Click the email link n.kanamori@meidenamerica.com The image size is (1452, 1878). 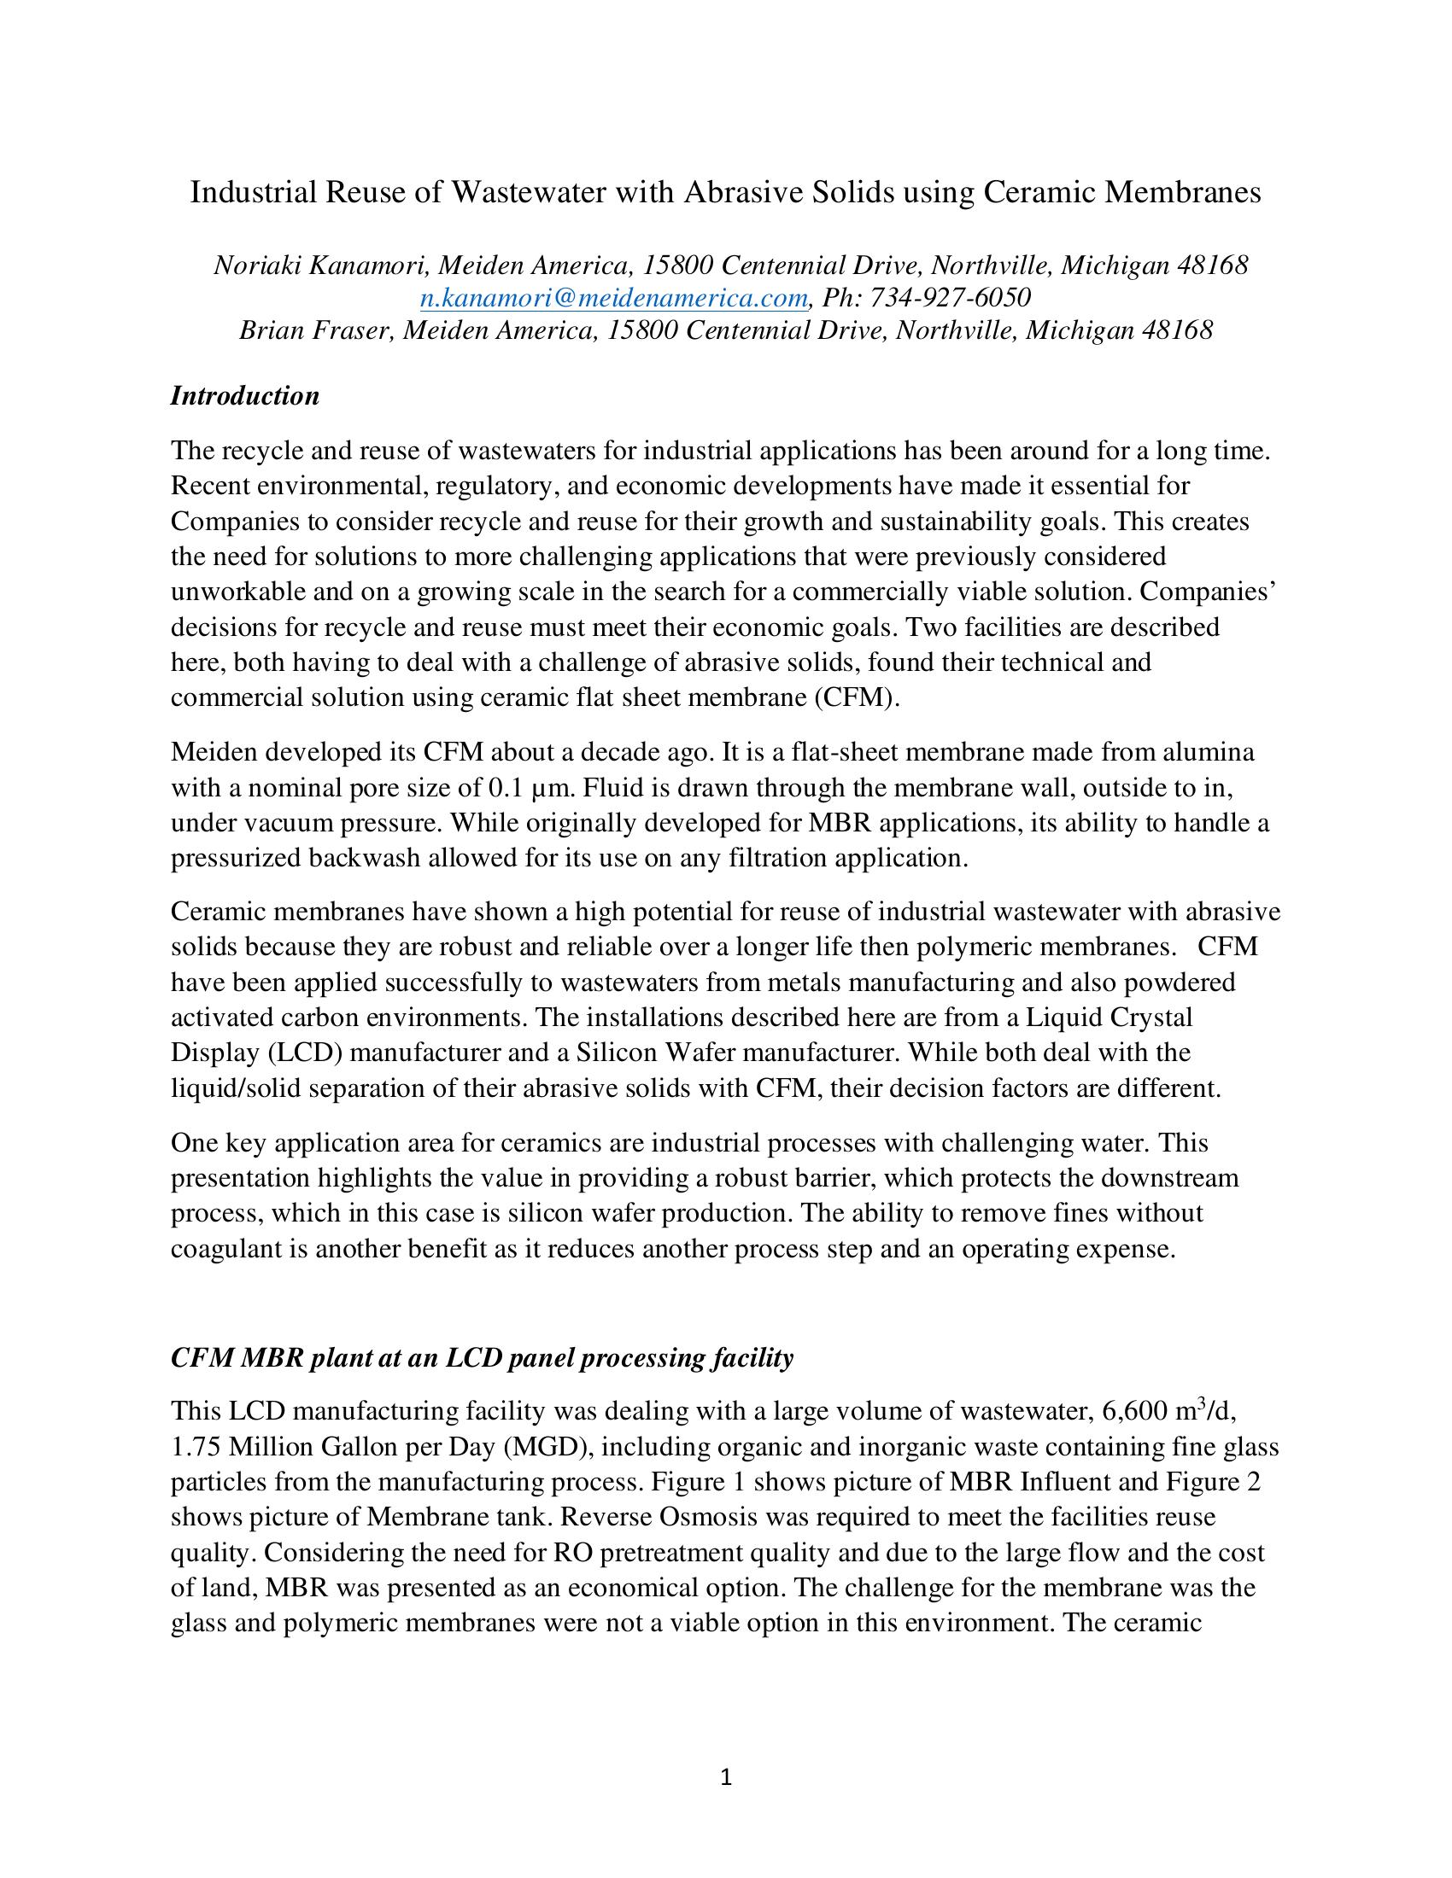(613, 298)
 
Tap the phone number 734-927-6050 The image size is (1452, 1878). (951, 298)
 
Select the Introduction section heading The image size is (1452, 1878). (245, 395)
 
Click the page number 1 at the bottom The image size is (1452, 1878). (725, 1777)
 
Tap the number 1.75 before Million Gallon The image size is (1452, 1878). (194, 1447)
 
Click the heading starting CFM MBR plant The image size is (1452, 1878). (482, 1358)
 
